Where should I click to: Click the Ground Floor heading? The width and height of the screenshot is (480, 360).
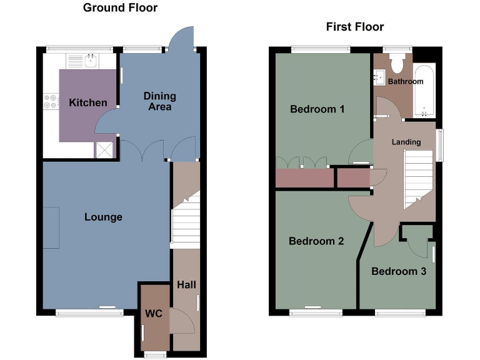click(120, 8)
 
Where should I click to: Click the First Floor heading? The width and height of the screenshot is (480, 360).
click(355, 27)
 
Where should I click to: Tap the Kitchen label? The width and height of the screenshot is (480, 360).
click(88, 102)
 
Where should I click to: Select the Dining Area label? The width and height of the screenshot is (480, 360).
click(160, 101)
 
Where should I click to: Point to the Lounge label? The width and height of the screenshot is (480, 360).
click(104, 217)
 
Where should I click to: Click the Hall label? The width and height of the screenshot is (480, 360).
click(186, 285)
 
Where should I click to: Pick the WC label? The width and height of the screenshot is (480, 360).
click(154, 313)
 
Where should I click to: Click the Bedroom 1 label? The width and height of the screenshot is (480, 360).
click(317, 109)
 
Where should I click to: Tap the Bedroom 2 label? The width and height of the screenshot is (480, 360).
click(317, 241)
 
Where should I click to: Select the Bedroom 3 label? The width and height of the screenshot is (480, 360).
click(399, 271)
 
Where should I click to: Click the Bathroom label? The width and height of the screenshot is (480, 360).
click(406, 82)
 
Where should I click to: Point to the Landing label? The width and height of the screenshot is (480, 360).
click(406, 142)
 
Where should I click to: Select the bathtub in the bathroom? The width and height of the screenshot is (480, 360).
click(424, 91)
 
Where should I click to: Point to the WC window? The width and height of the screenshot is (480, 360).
click(151, 355)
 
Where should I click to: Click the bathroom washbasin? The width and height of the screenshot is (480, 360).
click(379, 77)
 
